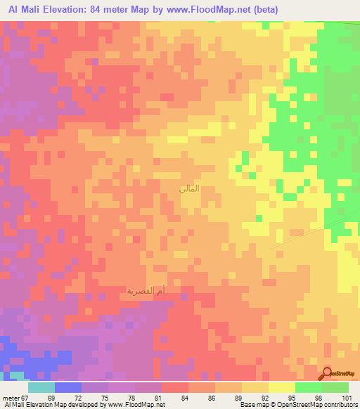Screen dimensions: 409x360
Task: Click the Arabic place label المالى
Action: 190,188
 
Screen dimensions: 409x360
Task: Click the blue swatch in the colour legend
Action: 67,387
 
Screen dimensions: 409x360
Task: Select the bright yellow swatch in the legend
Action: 281,387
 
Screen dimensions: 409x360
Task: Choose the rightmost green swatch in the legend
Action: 335,387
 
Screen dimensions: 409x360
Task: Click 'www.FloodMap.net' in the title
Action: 215,10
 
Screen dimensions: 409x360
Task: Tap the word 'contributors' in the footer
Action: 341,405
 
